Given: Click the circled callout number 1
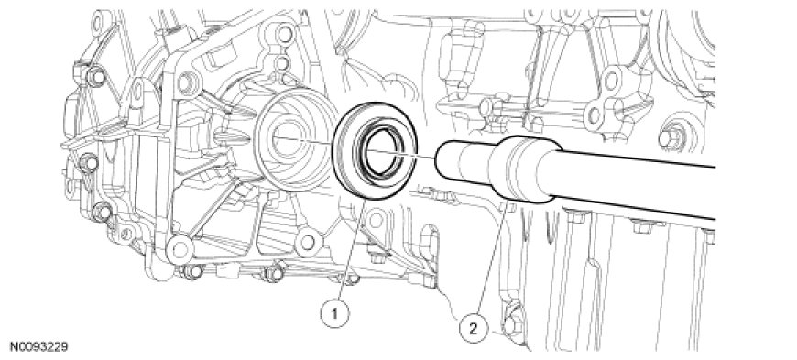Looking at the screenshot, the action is [335, 314].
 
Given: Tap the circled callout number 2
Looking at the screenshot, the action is [473, 329].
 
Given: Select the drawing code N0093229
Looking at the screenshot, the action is [39, 347].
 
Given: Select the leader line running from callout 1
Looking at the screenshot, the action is [351, 250].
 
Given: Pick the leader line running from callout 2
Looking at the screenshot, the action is [490, 259].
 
